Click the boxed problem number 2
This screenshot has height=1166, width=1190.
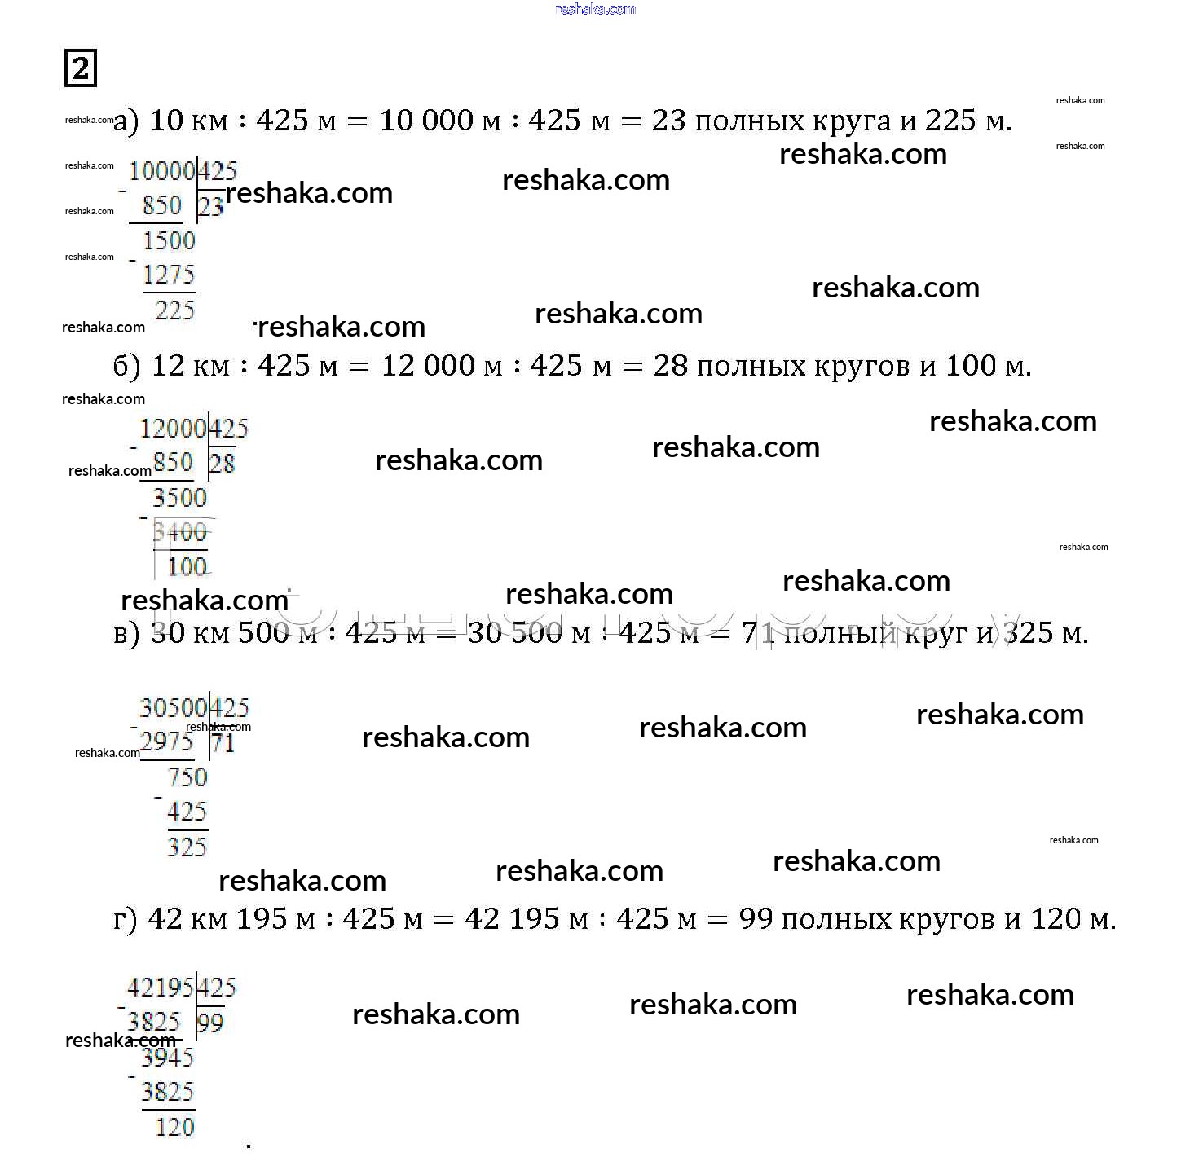[80, 68]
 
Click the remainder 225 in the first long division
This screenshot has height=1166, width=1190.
[174, 310]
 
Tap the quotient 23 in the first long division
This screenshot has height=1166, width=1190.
[211, 206]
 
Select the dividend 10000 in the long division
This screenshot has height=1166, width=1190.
[161, 171]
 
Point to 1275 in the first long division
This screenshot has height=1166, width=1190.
[169, 275]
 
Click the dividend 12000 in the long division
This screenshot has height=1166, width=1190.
[173, 429]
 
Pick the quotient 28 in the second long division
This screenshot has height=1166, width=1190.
[222, 464]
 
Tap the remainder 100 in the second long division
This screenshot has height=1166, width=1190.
[187, 566]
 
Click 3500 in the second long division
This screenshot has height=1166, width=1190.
[179, 498]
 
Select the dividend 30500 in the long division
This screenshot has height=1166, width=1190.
[173, 707]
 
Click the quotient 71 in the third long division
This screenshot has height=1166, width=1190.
[223, 742]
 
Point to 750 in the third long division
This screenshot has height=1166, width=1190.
[187, 777]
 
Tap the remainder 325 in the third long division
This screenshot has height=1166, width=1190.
[187, 847]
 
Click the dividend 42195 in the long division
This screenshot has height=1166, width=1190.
[161, 988]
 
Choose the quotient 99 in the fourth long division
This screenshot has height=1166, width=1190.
[210, 1023]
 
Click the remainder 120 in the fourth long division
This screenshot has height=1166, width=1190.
[174, 1127]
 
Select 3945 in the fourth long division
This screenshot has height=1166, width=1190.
[167, 1058]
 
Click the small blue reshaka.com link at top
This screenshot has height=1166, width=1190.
[595, 9]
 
